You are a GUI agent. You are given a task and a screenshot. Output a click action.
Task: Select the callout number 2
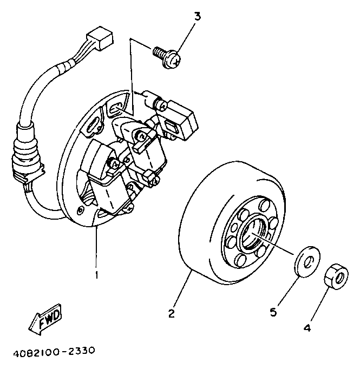click(171, 313)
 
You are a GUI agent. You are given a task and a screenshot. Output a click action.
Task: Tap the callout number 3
click(197, 16)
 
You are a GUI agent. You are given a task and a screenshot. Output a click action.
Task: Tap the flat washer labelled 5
click(306, 262)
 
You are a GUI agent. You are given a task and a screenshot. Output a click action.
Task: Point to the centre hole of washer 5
click(307, 262)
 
